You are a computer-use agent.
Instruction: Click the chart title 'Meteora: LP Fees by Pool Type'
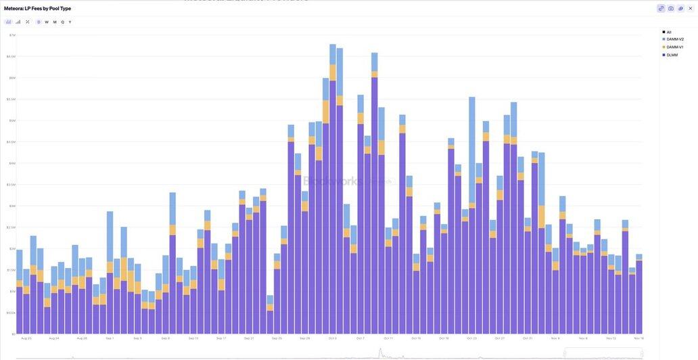(x=37, y=8)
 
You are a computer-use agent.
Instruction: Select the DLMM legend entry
(x=672, y=55)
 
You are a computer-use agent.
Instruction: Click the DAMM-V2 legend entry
(x=674, y=39)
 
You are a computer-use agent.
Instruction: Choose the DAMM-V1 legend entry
(x=674, y=47)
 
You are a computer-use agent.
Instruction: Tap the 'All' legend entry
(x=668, y=32)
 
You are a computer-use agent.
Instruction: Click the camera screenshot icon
(x=671, y=8)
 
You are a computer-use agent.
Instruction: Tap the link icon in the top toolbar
(x=661, y=8)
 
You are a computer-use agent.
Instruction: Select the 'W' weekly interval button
(x=47, y=22)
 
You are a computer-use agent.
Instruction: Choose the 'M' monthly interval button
(x=55, y=22)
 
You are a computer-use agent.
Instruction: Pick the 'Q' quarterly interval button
(x=62, y=22)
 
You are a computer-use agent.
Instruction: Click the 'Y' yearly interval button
(x=70, y=22)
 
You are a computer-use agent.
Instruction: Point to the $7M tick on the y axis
(x=12, y=35)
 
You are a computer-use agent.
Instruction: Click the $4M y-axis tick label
(x=12, y=163)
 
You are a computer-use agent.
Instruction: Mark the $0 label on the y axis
(x=13, y=334)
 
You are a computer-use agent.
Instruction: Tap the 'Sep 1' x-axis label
(x=109, y=338)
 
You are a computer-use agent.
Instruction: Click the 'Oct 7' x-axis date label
(x=360, y=338)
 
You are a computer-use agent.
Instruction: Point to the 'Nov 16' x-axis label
(x=638, y=338)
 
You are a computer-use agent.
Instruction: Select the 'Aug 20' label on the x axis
(x=26, y=338)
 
